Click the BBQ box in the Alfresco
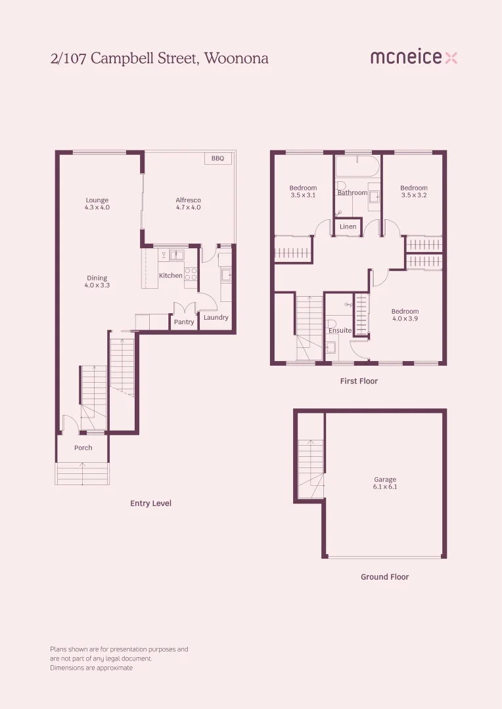[217, 159]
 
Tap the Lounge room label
[97, 200]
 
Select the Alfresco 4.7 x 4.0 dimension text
[188, 207]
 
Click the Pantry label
[184, 322]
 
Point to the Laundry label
[216, 318]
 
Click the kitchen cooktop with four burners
[191, 274]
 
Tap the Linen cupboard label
[348, 227]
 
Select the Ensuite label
[340, 330]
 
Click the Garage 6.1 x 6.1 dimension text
[386, 487]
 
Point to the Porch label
[83, 448]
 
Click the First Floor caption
[359, 381]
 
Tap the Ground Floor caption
[384, 577]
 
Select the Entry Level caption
[150, 504]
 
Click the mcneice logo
[413, 58]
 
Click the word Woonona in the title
[237, 58]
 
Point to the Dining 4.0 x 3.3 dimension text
[97, 286]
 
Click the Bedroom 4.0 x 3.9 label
[405, 315]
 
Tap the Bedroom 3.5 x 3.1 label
[303, 192]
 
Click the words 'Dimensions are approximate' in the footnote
[91, 668]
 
